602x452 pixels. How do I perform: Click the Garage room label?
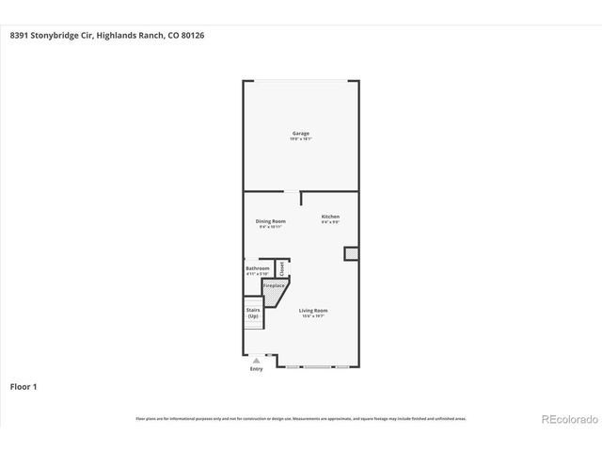coord(300,133)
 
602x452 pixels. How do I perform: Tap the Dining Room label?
coord(271,221)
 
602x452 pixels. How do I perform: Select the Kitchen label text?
coord(330,217)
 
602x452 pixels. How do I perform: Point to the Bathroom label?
coord(258,268)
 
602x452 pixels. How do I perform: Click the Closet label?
coord(281,267)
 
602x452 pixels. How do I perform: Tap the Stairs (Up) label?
coord(253,313)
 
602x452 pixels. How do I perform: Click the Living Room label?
coord(313,310)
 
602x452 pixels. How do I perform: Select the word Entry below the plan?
coord(256,369)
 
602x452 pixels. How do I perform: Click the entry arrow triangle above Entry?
coord(256,361)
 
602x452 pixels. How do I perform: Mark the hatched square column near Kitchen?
coord(350,253)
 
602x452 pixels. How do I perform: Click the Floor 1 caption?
coord(24,386)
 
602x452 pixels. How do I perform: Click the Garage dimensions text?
coord(300,138)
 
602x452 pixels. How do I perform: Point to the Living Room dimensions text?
coord(313,316)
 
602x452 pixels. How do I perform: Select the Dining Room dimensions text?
coord(271,227)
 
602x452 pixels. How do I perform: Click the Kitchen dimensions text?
coord(330,222)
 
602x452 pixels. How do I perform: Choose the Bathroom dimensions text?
coord(258,274)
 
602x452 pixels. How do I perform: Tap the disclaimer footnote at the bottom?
coord(301,418)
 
